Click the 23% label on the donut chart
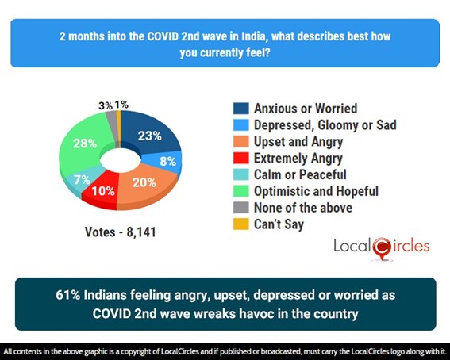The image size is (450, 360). pos(149,136)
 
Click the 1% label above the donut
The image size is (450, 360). pos(120,105)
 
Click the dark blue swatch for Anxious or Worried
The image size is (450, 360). pos(239,109)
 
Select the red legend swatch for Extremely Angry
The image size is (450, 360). pos(239,158)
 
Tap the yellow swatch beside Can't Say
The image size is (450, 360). pos(239,224)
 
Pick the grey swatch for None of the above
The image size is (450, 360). pos(239,208)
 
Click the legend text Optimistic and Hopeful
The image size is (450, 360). pos(317,191)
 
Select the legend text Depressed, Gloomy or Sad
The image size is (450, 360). pos(325,124)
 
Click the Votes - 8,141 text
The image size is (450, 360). pos(118,232)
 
